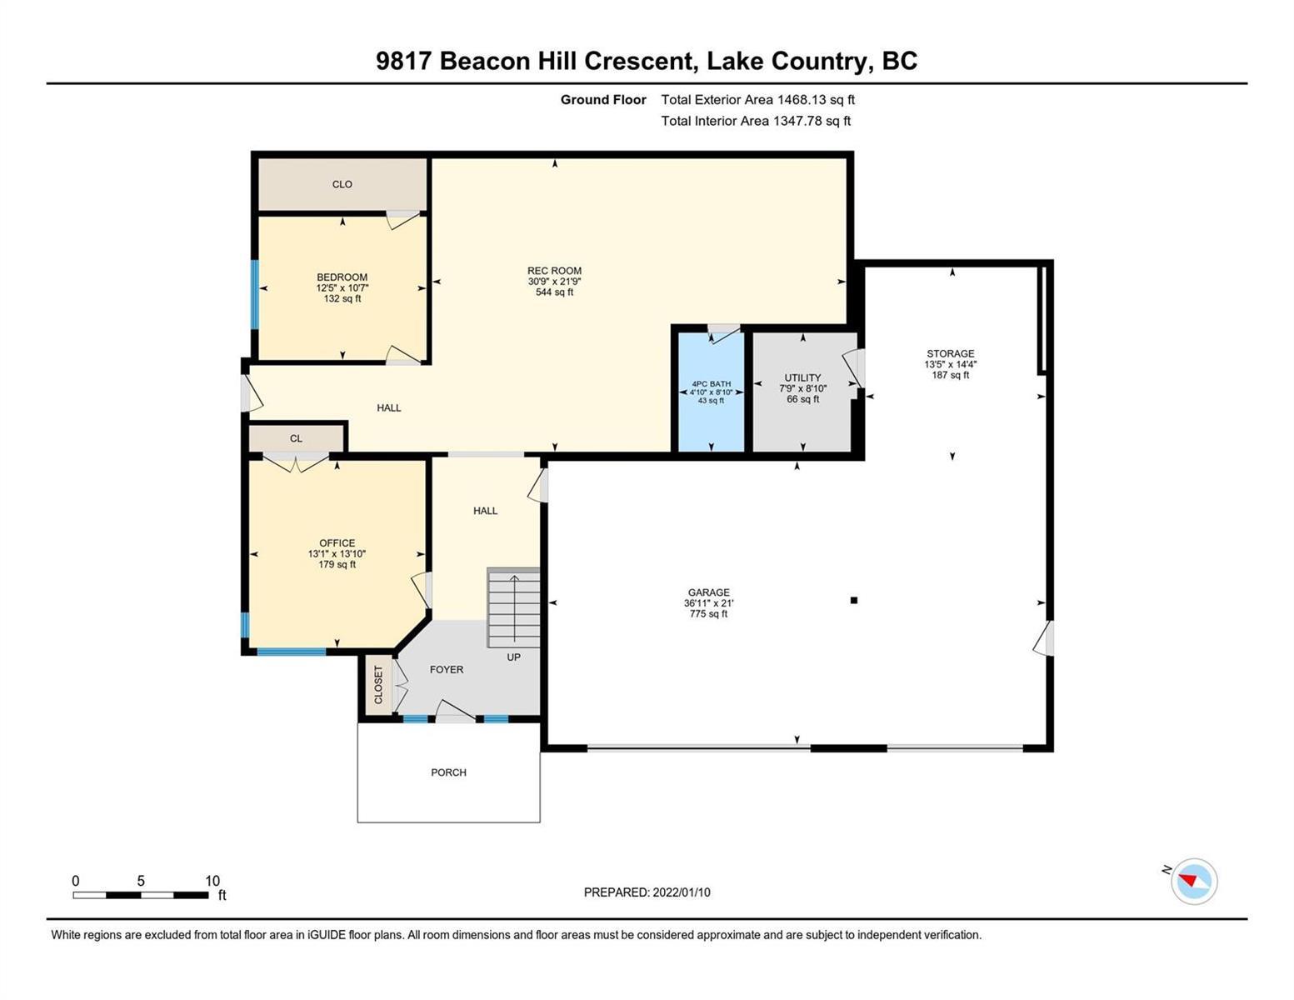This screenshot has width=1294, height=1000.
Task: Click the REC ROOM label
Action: click(x=554, y=271)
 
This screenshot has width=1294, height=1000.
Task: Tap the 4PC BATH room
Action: click(x=711, y=392)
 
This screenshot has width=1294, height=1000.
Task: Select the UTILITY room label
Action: click(x=802, y=377)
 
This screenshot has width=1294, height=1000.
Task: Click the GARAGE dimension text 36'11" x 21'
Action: click(x=708, y=603)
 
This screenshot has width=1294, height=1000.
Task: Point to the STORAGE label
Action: click(x=950, y=353)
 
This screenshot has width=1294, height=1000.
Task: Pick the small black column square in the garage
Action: click(x=853, y=600)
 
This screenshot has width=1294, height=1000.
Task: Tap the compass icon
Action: click(x=1194, y=881)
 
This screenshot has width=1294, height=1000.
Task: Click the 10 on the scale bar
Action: click(x=212, y=881)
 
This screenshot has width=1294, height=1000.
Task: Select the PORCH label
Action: click(x=448, y=772)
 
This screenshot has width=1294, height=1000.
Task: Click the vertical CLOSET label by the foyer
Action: click(x=378, y=684)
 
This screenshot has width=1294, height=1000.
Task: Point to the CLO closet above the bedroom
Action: click(x=342, y=184)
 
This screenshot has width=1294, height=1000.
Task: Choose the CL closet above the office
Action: click(x=296, y=438)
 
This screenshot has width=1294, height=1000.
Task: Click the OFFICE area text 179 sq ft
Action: click(x=337, y=564)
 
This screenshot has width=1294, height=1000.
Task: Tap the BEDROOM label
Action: click(x=342, y=277)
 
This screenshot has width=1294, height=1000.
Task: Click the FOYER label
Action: click(x=447, y=669)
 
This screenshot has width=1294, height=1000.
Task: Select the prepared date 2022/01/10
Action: click(x=681, y=892)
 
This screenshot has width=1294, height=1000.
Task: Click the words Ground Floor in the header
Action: click(x=603, y=100)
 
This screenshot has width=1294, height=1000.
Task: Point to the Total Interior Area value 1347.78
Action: click(x=797, y=121)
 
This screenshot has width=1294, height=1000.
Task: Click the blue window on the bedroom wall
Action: click(x=255, y=294)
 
